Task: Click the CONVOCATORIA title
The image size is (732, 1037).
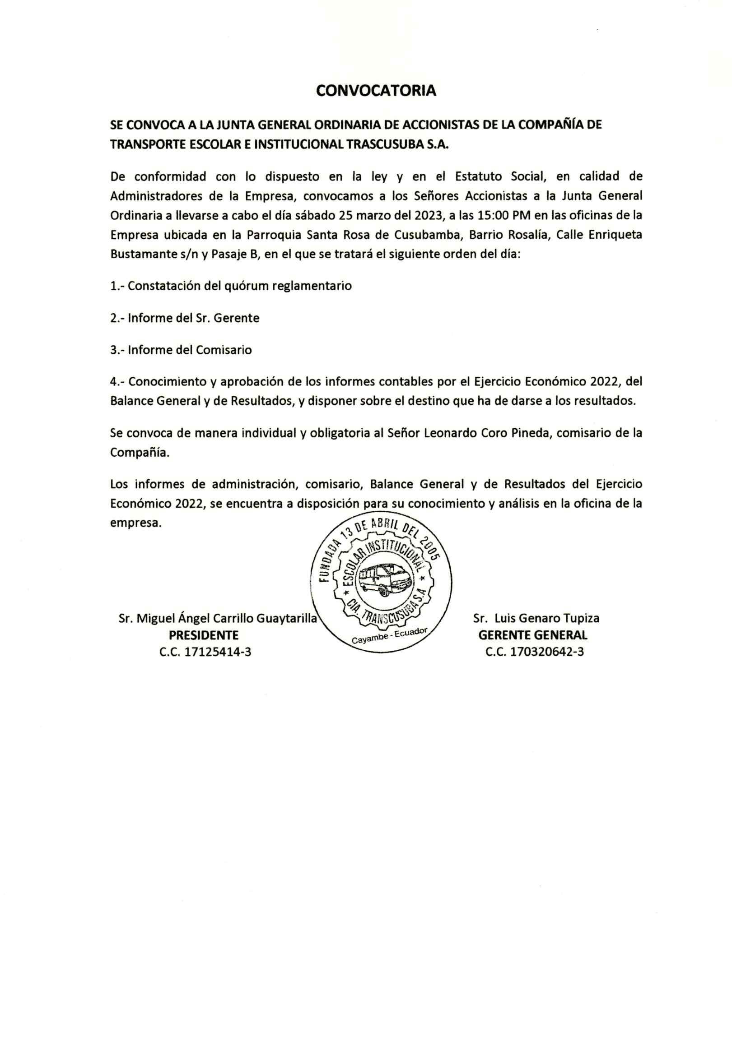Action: tap(376, 91)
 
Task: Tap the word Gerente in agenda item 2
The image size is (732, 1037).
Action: tap(236, 318)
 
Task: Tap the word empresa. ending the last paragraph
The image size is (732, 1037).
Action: tap(135, 523)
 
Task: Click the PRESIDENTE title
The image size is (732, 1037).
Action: tap(203, 635)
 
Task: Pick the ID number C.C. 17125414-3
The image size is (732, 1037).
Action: tap(205, 652)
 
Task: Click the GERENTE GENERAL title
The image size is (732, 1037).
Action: tap(533, 635)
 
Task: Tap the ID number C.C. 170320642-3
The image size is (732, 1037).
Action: tap(535, 652)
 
